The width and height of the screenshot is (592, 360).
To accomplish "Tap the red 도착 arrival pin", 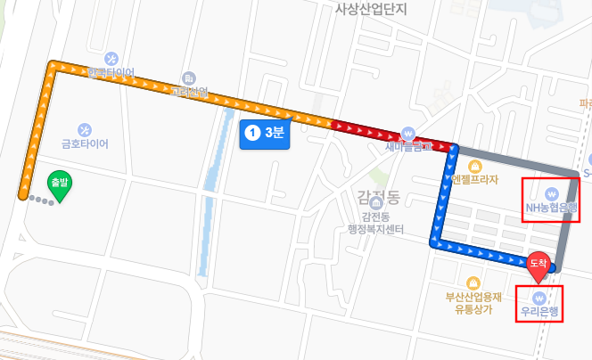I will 538,265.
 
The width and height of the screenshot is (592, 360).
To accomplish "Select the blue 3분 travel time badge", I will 265,134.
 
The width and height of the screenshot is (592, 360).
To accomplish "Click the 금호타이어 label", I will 85,143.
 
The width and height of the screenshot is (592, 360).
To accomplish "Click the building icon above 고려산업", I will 189,78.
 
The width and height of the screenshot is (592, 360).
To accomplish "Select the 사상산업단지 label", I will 370,10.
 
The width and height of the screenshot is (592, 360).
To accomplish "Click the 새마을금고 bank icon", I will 408,132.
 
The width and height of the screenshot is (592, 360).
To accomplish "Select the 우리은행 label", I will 539,312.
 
